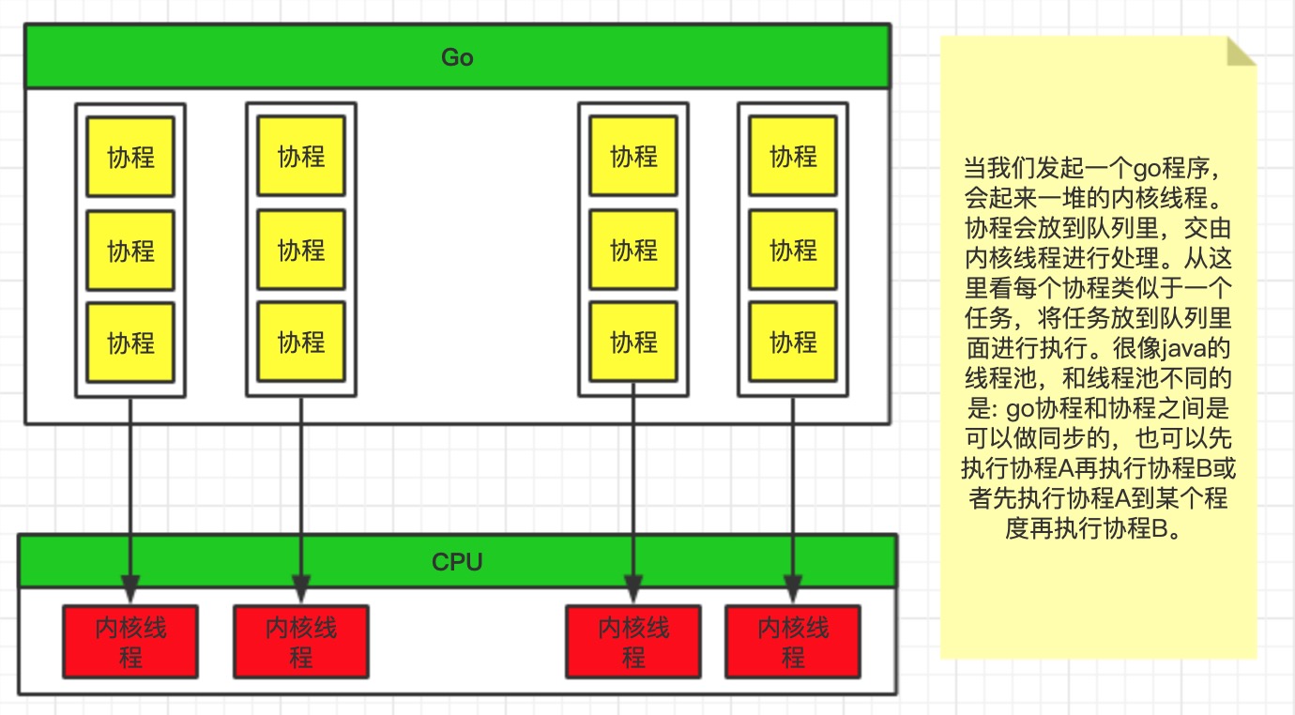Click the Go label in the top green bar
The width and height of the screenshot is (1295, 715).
click(x=457, y=57)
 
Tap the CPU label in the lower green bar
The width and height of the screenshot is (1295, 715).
click(x=457, y=562)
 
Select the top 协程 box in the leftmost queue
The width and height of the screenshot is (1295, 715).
click(x=130, y=157)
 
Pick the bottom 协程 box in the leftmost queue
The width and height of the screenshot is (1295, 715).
click(x=130, y=342)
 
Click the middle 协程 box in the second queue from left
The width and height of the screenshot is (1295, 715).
click(x=301, y=250)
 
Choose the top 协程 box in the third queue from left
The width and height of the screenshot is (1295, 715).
click(x=633, y=157)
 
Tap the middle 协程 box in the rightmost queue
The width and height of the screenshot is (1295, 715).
click(x=793, y=250)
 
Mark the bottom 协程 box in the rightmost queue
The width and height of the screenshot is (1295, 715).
click(x=793, y=342)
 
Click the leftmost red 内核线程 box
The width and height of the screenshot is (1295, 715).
click(x=130, y=642)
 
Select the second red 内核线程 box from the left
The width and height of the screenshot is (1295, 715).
click(x=301, y=642)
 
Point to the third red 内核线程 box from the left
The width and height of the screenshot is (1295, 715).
click(x=633, y=642)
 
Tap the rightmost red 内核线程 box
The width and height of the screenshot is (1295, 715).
click(x=793, y=642)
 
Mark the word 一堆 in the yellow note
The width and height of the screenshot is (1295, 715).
click(x=1064, y=199)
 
